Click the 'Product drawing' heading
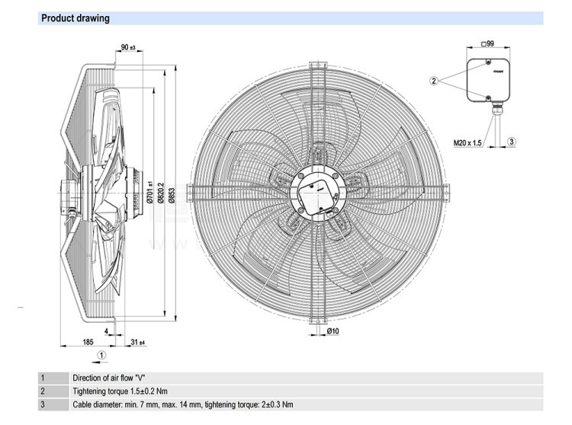[76, 18]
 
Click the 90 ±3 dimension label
[127, 49]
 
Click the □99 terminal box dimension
[489, 43]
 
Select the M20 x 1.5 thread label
[468, 142]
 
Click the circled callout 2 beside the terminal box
[433, 80]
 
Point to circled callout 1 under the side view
[102, 354]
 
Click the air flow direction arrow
[93, 354]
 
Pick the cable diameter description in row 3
[182, 404]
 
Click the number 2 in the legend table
[43, 391]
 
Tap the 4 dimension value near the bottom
[106, 331]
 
